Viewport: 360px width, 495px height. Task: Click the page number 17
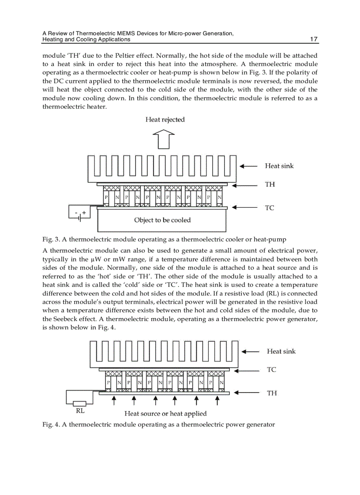click(x=314, y=39)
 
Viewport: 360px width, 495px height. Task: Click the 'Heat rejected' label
click(x=165, y=120)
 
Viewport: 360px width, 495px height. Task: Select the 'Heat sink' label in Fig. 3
click(x=279, y=166)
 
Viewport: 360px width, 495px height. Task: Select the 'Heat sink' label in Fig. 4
click(x=281, y=351)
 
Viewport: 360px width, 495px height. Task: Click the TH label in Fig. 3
click(x=270, y=185)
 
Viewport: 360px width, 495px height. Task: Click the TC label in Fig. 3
click(x=269, y=208)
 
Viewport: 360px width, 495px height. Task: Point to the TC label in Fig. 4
click(x=271, y=370)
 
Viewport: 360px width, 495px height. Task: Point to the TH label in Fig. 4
click(x=272, y=393)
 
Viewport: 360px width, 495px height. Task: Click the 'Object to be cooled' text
click(x=162, y=220)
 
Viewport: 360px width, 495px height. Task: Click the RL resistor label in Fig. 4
click(x=80, y=411)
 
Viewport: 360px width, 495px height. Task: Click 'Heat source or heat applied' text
click(x=165, y=413)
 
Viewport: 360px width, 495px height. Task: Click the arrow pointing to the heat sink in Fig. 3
click(x=248, y=166)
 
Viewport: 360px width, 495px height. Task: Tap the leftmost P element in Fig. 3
click(x=106, y=197)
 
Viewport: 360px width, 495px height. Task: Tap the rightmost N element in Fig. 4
click(x=221, y=383)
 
